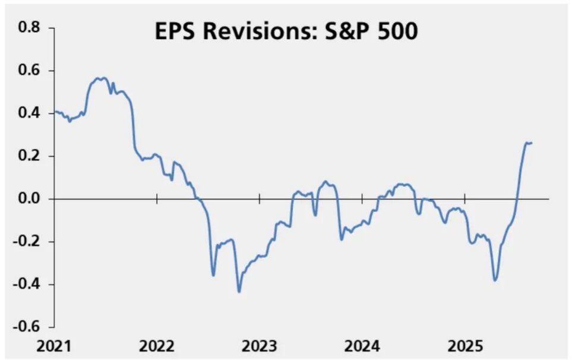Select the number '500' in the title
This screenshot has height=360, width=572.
pos(396,31)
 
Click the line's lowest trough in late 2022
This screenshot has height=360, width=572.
pos(239,292)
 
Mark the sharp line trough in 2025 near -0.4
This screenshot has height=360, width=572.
pos(495,280)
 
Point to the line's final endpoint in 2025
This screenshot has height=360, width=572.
pos(532,143)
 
